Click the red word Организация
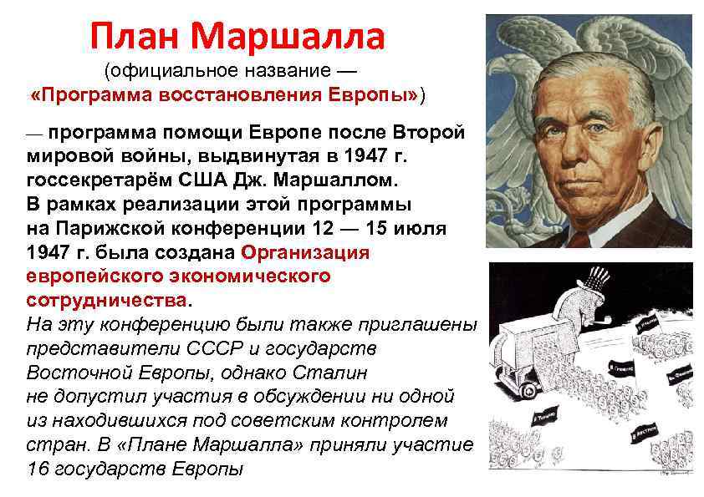pos(304,252)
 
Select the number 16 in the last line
pos(38,468)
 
